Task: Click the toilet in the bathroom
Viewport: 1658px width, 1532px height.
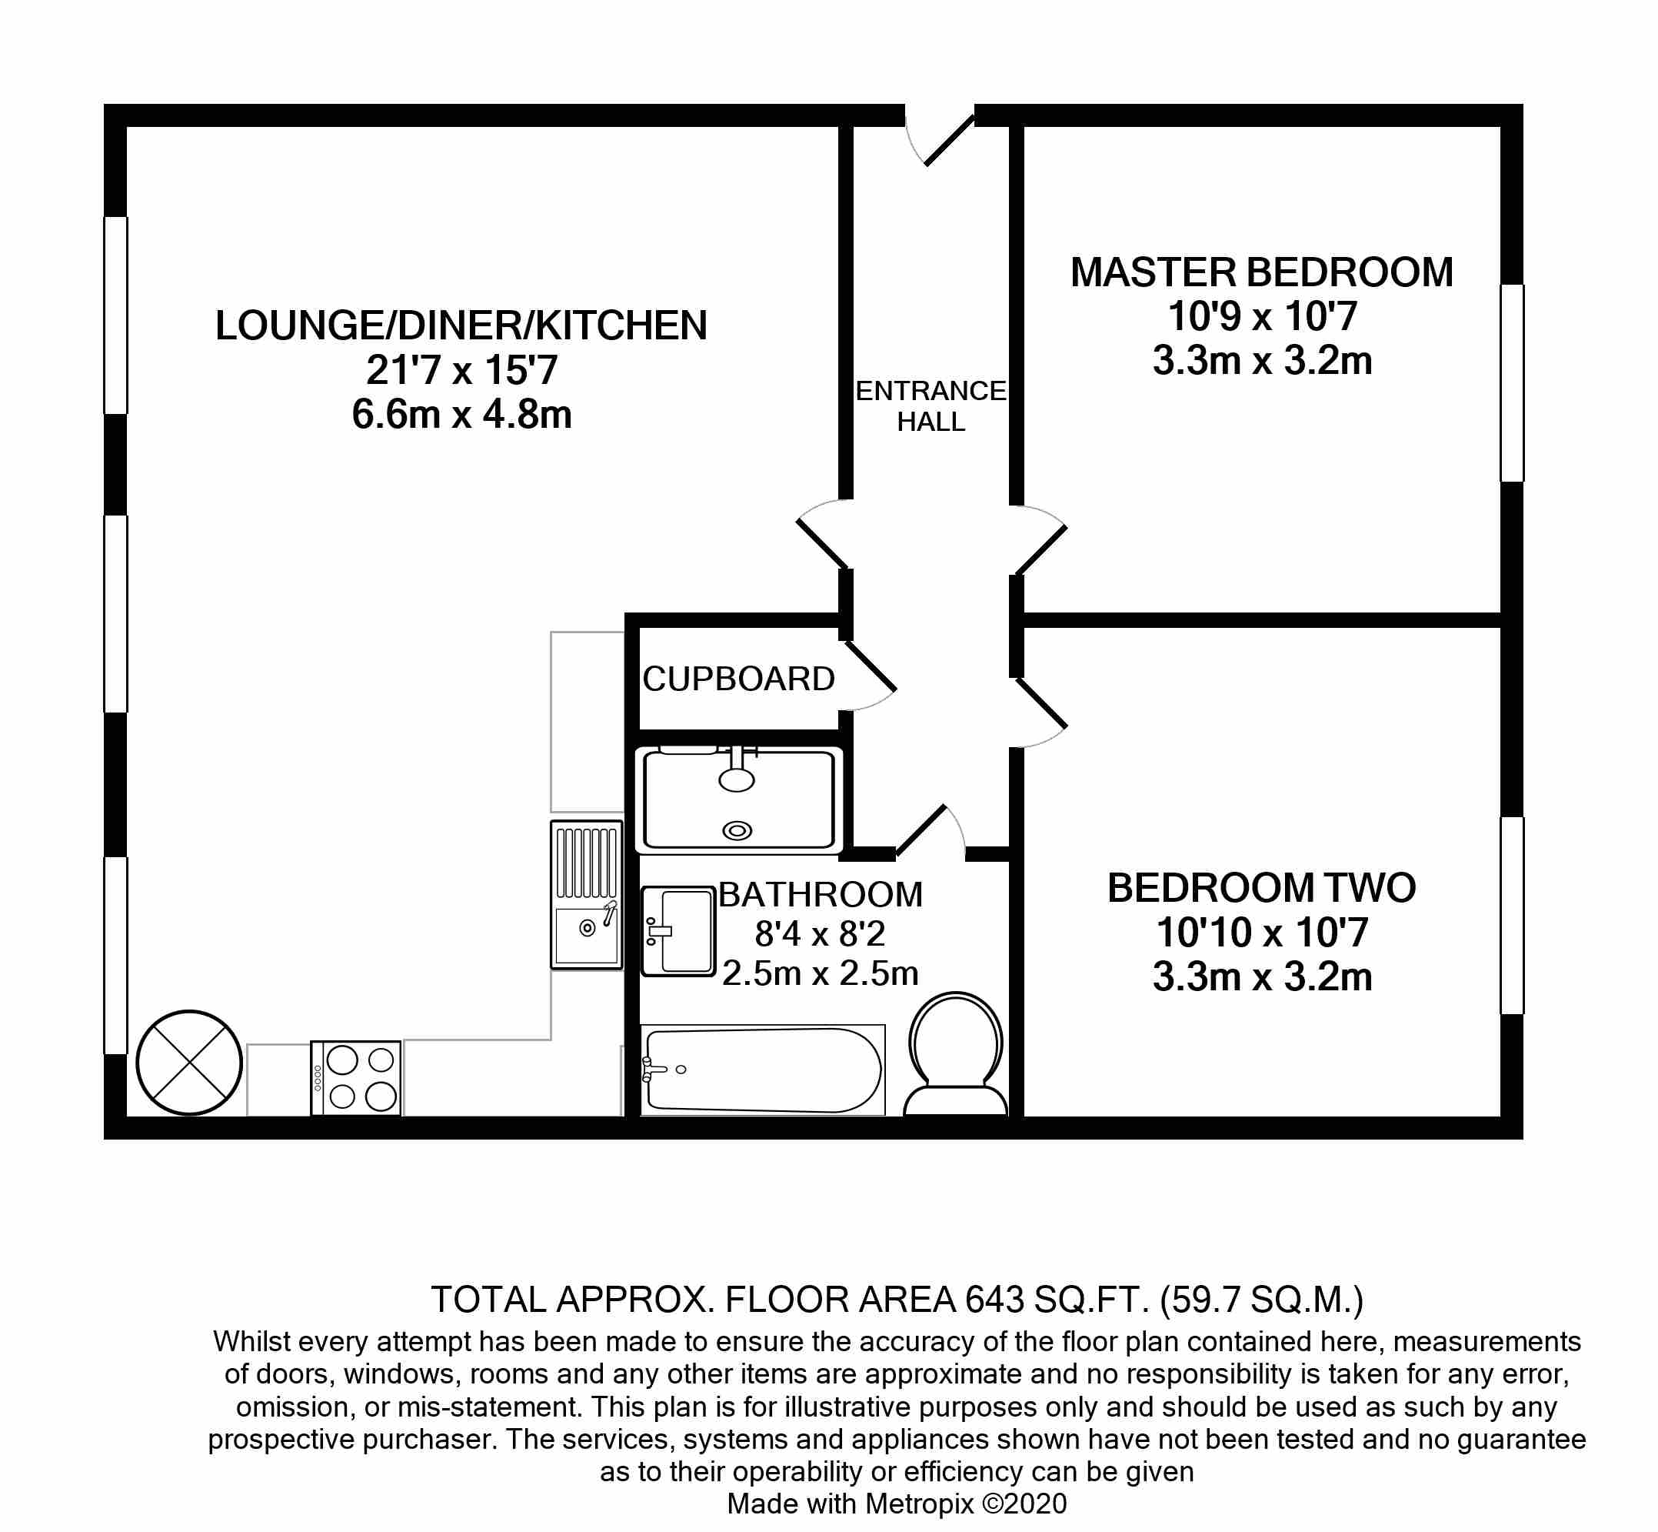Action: coord(955,1054)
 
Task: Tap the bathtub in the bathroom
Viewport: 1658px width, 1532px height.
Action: coord(762,1070)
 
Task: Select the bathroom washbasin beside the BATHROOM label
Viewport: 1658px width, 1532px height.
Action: coord(678,930)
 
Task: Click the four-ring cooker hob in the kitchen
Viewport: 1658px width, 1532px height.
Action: coord(356,1078)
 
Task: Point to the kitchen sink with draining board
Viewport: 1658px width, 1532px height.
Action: coord(587,896)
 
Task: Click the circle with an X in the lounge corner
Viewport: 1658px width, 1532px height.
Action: coord(189,1063)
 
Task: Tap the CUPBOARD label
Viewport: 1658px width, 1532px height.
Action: coord(738,679)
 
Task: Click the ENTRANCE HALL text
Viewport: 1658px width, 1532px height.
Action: coord(931,406)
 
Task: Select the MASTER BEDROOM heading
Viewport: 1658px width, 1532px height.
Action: coord(1261,272)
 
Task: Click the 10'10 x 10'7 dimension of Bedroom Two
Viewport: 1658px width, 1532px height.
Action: coord(1261,933)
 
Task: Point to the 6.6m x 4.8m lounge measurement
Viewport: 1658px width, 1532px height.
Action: coord(461,415)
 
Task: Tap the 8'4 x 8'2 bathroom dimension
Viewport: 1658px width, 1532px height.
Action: coord(820,934)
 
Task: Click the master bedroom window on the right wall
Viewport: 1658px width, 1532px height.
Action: coord(1512,383)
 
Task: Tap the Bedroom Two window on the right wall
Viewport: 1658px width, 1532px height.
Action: coord(1512,916)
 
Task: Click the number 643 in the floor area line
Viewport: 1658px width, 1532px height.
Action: coord(994,1299)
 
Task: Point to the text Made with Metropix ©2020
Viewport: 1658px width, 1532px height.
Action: coord(897,1504)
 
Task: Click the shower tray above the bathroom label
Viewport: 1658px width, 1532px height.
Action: coord(738,800)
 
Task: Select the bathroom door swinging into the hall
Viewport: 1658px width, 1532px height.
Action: coord(921,829)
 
